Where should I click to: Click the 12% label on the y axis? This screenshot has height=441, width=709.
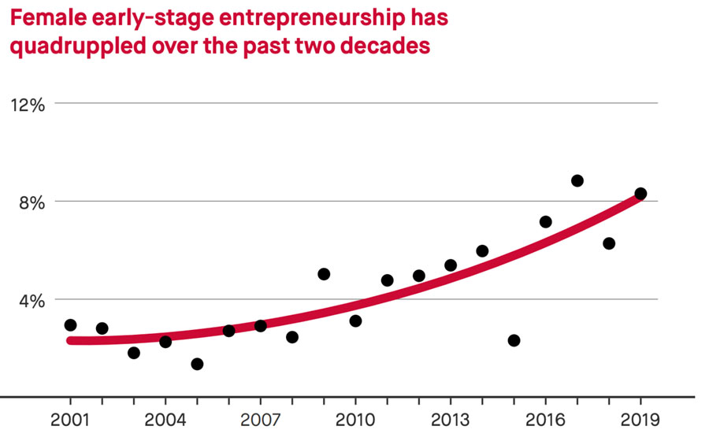[x=28, y=104]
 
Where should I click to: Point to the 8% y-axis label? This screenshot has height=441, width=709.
[x=32, y=202]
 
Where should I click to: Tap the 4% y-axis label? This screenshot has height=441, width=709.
[x=32, y=300]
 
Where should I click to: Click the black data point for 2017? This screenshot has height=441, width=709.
[x=577, y=180]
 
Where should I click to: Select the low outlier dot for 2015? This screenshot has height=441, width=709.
[x=514, y=340]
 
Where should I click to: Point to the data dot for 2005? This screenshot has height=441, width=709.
[x=197, y=364]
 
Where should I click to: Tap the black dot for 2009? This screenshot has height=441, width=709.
[x=324, y=274]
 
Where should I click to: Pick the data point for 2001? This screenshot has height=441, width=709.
[x=70, y=325]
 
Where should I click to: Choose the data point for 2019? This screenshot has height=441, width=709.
[x=640, y=194]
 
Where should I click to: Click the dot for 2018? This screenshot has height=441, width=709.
[x=609, y=243]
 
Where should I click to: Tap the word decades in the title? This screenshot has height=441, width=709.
[x=386, y=46]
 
